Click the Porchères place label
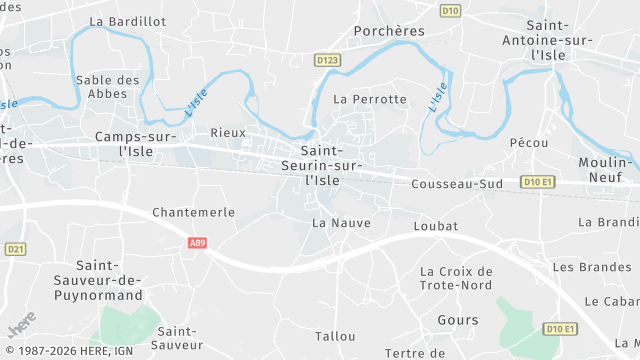pos(389,31)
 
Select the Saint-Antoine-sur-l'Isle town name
pos(549,40)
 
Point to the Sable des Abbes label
pos(107,87)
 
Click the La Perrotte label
pos(370,99)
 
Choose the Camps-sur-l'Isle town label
pos(135,143)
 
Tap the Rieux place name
pos(228,132)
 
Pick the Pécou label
pos(528,143)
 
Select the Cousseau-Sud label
pos(457,185)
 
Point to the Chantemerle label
pos(193,212)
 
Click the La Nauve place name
pos(341,222)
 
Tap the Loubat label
pos(435,227)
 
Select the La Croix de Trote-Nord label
pos(457,278)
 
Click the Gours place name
pos(458,320)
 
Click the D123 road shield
pos(326,60)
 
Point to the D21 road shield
pos(14,249)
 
